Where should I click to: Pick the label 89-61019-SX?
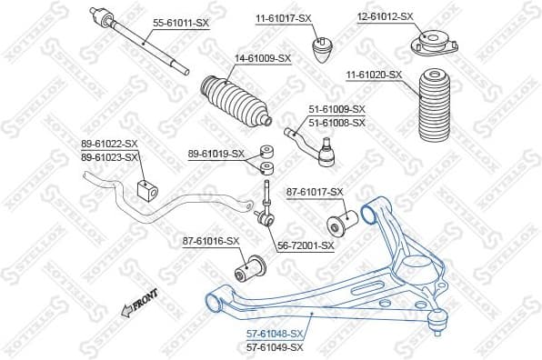[x=216, y=154]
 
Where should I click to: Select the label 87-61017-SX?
[x=316, y=192]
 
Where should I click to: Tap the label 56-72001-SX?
[x=306, y=245]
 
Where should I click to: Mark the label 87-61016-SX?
[x=211, y=241]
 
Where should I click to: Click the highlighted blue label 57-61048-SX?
[x=276, y=335]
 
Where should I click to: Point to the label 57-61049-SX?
[x=276, y=347]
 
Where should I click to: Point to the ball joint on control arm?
[x=438, y=317]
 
